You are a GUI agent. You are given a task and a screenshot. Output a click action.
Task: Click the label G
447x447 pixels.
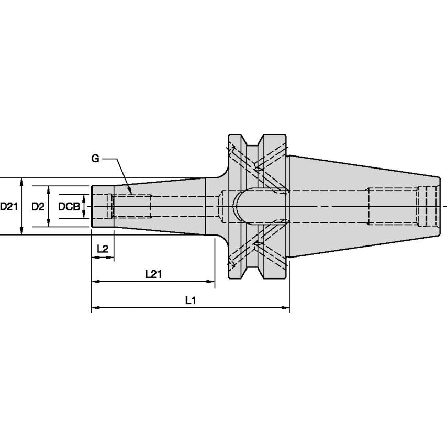(x=95, y=159)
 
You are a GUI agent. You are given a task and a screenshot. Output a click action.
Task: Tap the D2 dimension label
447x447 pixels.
(x=38, y=206)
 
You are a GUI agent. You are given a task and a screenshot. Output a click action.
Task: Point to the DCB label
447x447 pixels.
(x=69, y=206)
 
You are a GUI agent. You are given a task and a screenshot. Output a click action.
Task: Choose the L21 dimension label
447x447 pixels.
(x=153, y=274)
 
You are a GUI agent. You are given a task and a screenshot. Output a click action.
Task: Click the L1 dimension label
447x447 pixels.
(x=191, y=300)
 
